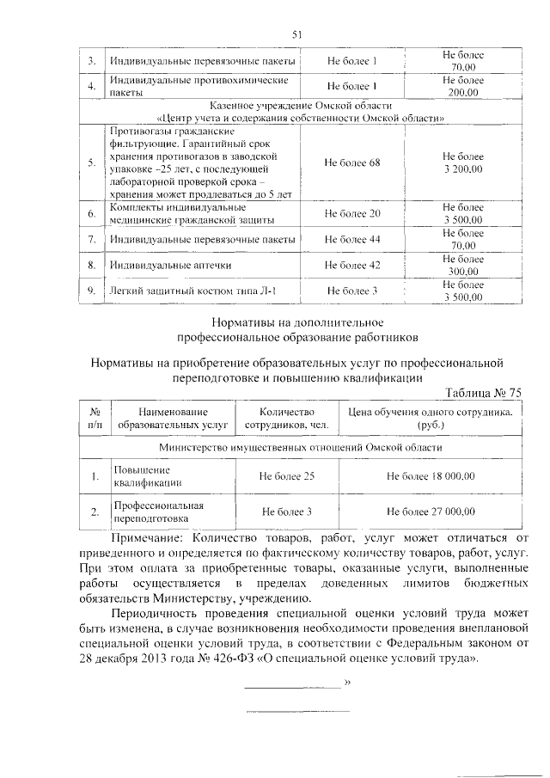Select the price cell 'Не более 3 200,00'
click(x=462, y=163)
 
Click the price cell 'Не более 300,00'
click(x=462, y=266)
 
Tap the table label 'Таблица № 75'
click(x=483, y=392)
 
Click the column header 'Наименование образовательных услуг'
click(x=173, y=419)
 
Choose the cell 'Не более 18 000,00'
click(x=431, y=475)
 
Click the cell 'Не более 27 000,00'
click(x=431, y=512)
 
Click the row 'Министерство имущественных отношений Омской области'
click(x=301, y=448)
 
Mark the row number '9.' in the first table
click(x=91, y=291)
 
